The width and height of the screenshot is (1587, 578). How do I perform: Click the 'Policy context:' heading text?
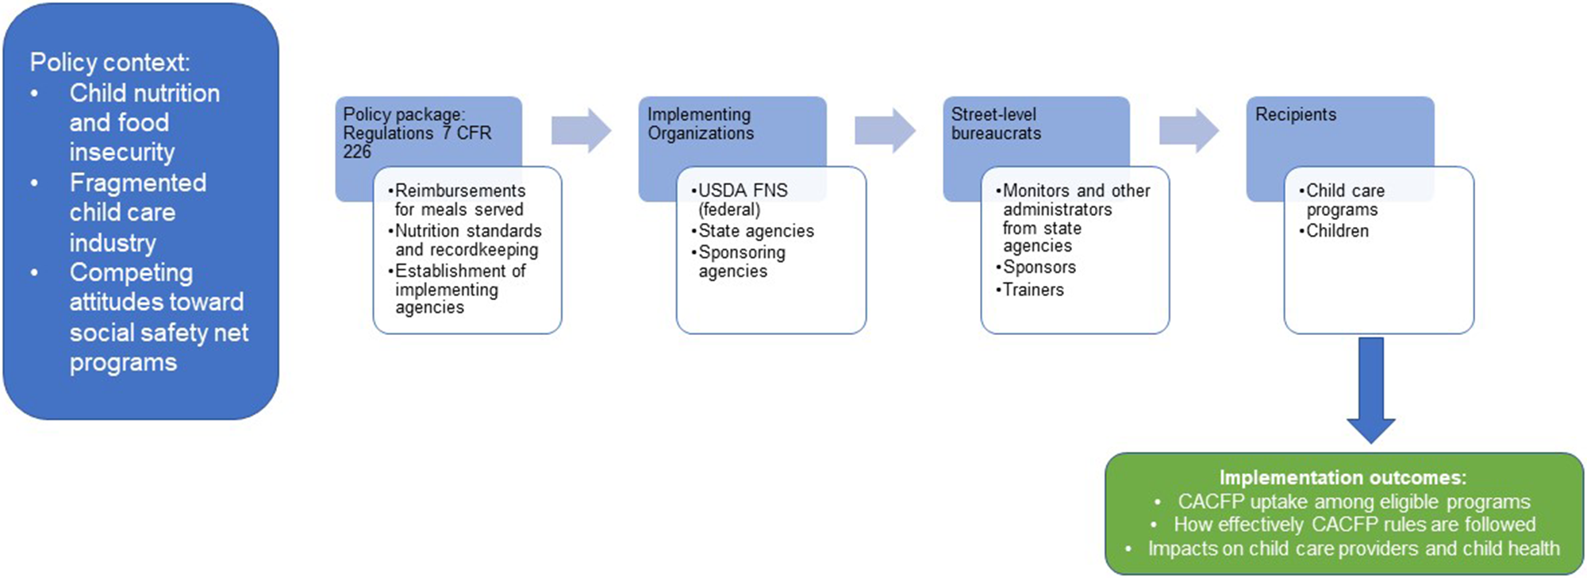[x=110, y=63]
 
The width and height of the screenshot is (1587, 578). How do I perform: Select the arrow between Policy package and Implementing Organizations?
[x=582, y=129]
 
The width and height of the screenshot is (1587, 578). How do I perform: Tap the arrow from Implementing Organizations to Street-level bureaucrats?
[x=885, y=129]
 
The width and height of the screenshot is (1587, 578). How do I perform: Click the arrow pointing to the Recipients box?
[x=1189, y=129]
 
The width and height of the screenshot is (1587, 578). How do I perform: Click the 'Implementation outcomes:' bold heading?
[x=1343, y=478]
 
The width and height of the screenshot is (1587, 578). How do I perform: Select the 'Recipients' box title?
[x=1295, y=115]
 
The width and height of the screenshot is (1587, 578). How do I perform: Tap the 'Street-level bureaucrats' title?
[x=995, y=124]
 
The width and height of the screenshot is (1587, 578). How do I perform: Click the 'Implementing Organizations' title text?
[x=700, y=124]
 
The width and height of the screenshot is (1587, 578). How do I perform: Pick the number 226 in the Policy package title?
[x=357, y=152]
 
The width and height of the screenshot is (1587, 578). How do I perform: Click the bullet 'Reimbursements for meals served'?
[x=459, y=200]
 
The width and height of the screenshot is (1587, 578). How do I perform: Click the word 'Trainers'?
[x=1033, y=290]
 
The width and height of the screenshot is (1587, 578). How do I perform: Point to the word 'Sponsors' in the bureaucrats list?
[x=1039, y=268]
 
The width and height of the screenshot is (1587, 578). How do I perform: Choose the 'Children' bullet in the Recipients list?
[x=1337, y=231]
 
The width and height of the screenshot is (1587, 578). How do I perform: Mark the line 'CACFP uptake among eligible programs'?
[x=1354, y=502]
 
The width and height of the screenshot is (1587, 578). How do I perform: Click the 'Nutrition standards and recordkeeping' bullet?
[x=467, y=241]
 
